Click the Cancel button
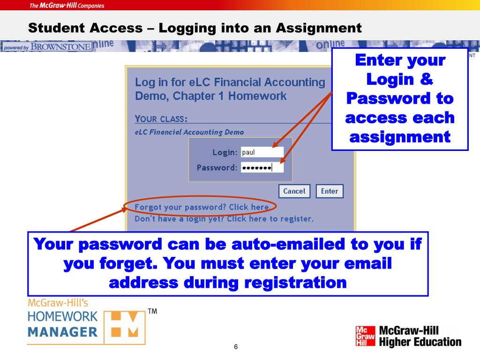294,191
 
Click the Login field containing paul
262,152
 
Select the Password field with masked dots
262,167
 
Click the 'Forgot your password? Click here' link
202,207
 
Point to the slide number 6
236,347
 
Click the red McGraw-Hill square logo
366,336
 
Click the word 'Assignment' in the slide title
318,28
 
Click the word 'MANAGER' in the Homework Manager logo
62,332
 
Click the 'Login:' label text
225,152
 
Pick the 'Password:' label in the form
217,167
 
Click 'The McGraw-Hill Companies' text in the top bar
67,6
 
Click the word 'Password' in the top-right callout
400,99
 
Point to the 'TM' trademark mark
152,311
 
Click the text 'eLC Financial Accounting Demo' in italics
189,132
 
